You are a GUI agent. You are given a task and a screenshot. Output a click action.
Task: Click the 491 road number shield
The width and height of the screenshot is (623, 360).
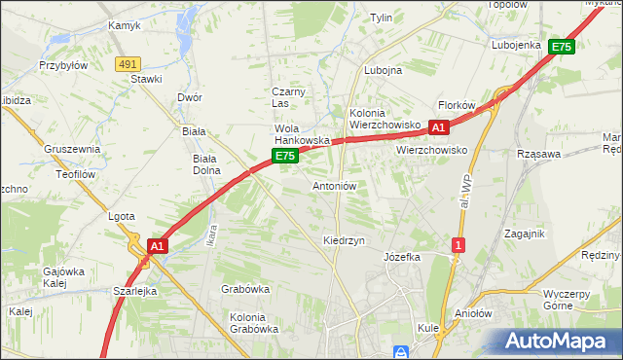click(x=126, y=63)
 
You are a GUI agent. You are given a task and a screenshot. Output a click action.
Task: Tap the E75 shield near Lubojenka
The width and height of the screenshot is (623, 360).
click(x=561, y=46)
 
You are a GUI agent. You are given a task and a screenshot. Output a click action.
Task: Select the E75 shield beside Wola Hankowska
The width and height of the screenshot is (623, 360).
click(x=283, y=156)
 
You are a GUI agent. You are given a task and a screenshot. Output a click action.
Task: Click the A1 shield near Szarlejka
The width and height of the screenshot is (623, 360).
click(x=158, y=247)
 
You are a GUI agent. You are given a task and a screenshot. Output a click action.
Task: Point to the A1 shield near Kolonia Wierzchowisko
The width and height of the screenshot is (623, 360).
click(x=438, y=127)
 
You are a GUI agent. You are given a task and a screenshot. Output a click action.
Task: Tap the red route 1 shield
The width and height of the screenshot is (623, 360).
click(x=457, y=246)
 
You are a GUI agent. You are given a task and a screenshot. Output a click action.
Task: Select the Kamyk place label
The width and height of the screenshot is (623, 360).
click(x=125, y=26)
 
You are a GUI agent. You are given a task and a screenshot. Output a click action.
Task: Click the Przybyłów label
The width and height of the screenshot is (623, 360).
click(x=63, y=66)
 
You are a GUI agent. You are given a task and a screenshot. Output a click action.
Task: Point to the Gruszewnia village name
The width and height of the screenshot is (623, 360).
click(x=72, y=149)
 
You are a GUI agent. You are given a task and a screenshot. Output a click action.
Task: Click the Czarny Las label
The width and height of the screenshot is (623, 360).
click(x=288, y=97)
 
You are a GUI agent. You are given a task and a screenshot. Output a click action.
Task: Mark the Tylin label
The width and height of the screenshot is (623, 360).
click(x=381, y=18)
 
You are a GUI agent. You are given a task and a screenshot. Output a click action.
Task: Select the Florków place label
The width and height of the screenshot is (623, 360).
click(x=456, y=105)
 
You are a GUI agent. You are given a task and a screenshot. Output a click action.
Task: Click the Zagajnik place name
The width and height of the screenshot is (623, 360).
click(x=524, y=234)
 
